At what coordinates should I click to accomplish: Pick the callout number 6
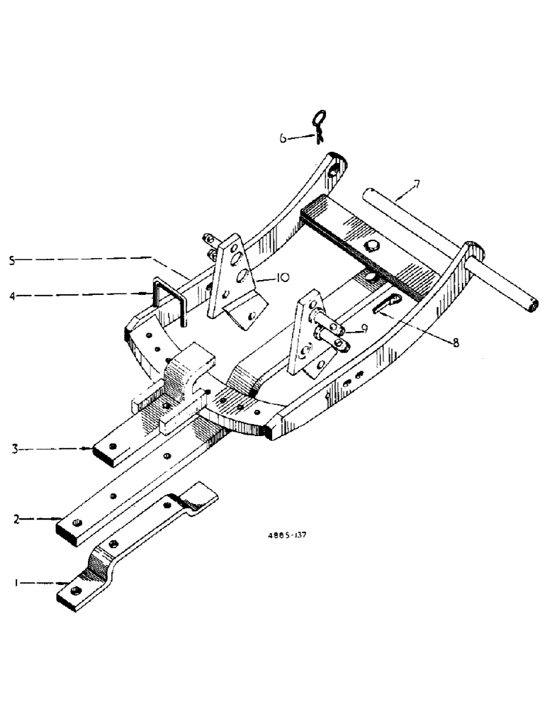(x=283, y=139)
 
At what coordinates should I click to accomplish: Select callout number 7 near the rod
(x=417, y=186)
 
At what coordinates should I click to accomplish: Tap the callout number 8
(x=455, y=342)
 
